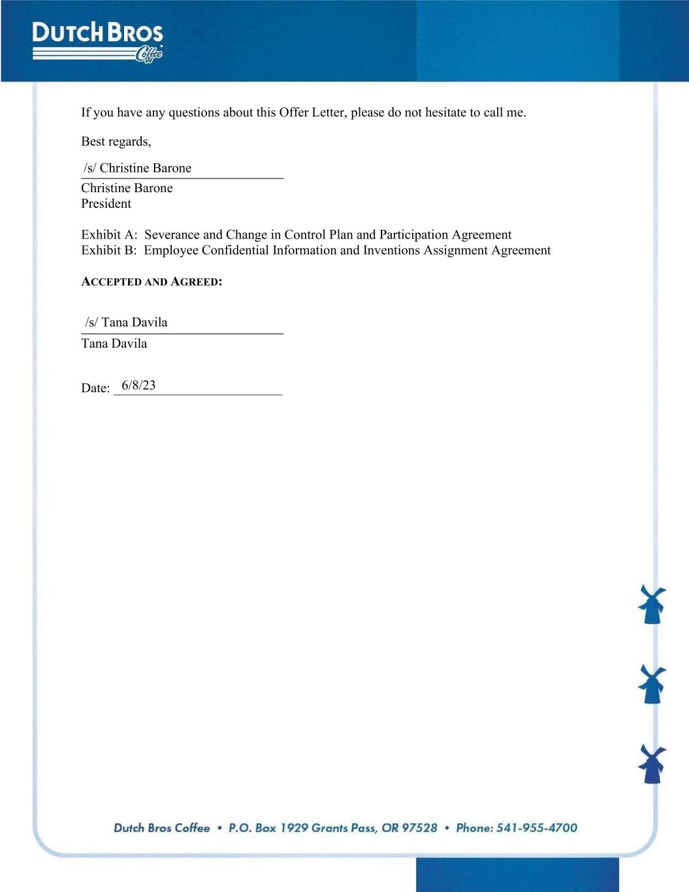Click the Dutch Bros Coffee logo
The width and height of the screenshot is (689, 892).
97,42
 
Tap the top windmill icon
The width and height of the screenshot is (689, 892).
652,604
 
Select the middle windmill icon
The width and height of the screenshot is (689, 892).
652,684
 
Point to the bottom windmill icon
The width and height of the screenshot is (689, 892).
652,763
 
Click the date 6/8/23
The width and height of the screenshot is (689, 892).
138,386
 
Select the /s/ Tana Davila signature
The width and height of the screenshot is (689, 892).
126,322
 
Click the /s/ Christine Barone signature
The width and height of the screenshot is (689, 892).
137,168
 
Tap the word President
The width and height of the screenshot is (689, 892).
106,204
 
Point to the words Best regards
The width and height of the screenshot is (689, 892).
116,142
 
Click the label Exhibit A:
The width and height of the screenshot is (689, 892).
109,235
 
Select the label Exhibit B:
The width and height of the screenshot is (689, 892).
109,250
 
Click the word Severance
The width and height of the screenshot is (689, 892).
172,235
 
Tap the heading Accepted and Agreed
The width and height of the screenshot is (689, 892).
152,282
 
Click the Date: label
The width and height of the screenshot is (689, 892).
95,388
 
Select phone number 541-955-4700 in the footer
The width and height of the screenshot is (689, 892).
536,828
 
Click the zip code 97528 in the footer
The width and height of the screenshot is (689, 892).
419,828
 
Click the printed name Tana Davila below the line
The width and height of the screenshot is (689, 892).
114,344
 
